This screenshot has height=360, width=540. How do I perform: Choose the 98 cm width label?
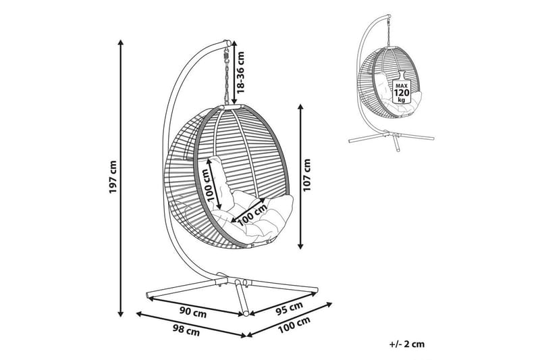point(185,331)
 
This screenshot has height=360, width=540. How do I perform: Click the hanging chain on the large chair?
point(227,74)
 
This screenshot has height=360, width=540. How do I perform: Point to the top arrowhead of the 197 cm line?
point(122,42)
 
